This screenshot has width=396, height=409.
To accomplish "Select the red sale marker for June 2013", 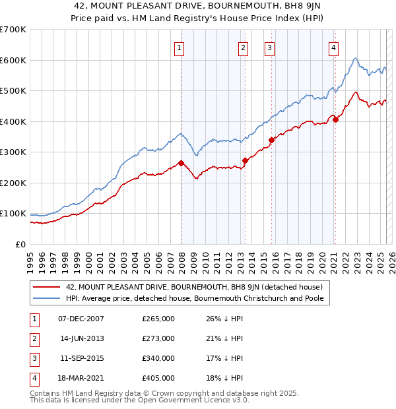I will [x=245, y=160].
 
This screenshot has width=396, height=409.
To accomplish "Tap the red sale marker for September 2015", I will [x=271, y=140].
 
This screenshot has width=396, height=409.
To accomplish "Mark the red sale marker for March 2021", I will [x=335, y=119].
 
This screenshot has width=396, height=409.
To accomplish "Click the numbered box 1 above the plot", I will [x=180, y=47].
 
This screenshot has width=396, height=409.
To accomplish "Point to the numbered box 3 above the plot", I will [x=270, y=47].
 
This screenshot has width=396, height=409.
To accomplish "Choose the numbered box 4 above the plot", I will [x=334, y=47].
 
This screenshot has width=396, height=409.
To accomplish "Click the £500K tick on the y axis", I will [x=14, y=90].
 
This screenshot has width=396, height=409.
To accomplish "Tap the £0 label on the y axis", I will [x=21, y=244].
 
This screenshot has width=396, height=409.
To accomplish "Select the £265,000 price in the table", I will [x=158, y=319].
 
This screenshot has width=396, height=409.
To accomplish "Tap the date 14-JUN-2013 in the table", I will [x=81, y=338].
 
